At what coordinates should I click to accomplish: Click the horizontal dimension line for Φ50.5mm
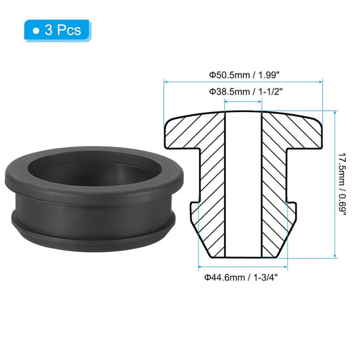coord(244,82)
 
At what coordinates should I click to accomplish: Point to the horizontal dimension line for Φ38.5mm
coord(244,102)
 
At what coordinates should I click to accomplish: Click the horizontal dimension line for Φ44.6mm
coord(242,268)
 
